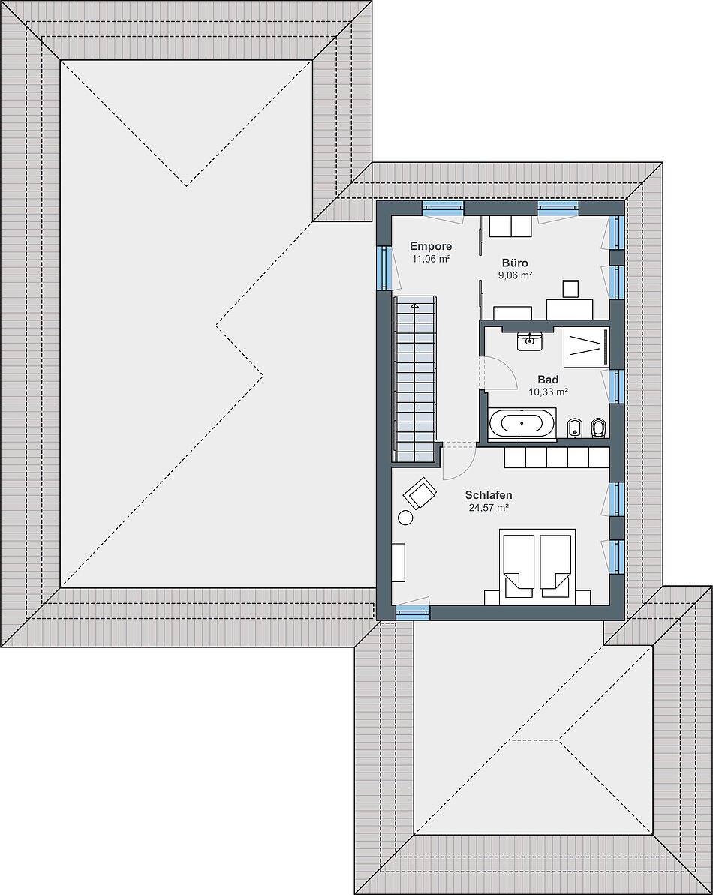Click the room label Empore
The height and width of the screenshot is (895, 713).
[x=431, y=247]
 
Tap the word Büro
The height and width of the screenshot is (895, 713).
[x=515, y=263]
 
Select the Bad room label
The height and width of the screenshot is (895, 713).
[x=548, y=380]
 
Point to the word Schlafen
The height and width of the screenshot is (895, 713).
[x=489, y=495]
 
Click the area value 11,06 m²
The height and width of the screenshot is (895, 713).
[x=432, y=259]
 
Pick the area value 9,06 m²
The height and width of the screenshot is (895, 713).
[x=515, y=275]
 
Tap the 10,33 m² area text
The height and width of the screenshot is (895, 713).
[x=548, y=392]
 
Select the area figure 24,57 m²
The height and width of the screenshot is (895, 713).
[x=489, y=507]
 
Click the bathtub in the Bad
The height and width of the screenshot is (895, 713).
[x=522, y=424]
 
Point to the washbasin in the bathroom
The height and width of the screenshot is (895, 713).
[x=530, y=341]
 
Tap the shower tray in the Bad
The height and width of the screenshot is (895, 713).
[x=586, y=347]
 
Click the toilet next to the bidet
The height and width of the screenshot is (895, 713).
[x=597, y=428]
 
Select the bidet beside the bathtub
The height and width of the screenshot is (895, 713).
[x=573, y=428]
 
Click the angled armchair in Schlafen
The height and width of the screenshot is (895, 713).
[x=420, y=492]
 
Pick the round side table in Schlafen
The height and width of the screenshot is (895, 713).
[x=406, y=518]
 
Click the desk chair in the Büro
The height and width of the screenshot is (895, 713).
[x=571, y=289]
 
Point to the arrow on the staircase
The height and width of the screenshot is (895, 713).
[x=414, y=307]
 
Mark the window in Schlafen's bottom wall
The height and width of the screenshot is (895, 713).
[x=413, y=612]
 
